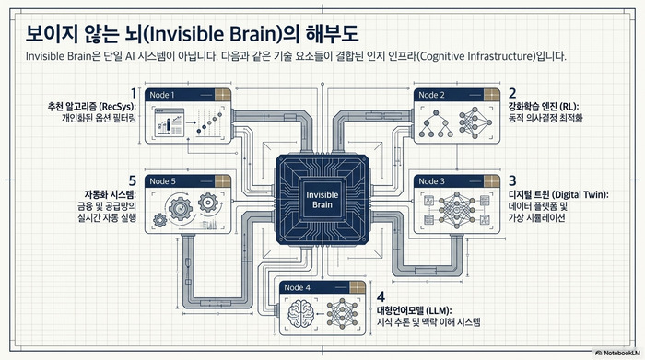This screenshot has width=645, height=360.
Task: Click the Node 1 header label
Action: [x=162, y=95]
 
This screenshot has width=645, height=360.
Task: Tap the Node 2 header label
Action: [x=431, y=95]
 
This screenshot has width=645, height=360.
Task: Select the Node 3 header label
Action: [x=431, y=181]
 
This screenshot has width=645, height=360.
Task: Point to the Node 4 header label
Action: [x=297, y=287]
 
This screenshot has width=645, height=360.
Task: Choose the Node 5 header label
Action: [x=162, y=181]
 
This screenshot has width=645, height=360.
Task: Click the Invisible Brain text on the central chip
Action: [x=322, y=200]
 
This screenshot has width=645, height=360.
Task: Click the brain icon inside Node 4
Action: [x=301, y=314]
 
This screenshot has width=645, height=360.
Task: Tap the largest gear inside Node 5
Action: [x=181, y=208]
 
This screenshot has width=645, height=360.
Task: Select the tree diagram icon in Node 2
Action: [x=436, y=123]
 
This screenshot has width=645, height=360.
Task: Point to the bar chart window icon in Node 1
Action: [x=169, y=122]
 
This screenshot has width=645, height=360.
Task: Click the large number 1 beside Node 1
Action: [x=133, y=93]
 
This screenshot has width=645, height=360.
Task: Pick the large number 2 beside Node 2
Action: [x=512, y=93]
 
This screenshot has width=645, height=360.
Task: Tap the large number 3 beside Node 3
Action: [x=512, y=180]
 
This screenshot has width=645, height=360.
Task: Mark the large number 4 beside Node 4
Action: [x=381, y=296]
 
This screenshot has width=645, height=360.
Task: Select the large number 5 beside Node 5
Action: [x=132, y=180]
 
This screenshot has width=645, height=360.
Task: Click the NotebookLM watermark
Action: [x=618, y=353]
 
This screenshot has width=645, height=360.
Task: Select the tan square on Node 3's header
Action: [x=491, y=181]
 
